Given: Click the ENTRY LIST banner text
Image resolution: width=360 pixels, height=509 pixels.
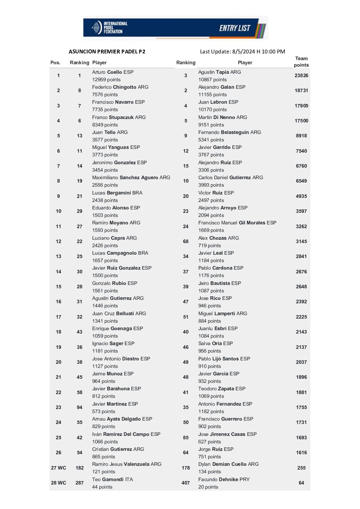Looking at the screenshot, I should tap(234, 28).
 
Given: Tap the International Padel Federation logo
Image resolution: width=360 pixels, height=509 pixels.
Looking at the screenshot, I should tap(108, 28).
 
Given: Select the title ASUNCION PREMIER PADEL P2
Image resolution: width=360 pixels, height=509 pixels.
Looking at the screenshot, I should tap(107, 52).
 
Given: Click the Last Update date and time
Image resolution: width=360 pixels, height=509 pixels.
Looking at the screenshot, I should tap(242, 52).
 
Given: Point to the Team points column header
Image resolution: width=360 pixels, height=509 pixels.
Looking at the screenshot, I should tap(301, 62).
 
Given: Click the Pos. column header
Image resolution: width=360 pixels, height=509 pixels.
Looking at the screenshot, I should tap(55, 63).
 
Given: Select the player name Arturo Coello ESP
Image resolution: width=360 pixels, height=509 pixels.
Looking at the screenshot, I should tap(113, 72).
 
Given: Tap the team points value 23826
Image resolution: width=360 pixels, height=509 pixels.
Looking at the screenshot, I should tap(301, 75).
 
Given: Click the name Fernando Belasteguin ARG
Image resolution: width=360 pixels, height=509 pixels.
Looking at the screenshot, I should tap(230, 132).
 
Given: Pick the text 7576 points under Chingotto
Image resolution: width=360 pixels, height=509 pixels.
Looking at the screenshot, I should tap(105, 95).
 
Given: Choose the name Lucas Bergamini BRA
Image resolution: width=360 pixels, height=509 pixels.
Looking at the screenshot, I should tap(117, 193).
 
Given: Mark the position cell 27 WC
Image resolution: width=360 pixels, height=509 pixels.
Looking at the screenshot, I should tap(59, 468).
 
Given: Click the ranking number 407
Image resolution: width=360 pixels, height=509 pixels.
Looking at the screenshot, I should tap(186, 483).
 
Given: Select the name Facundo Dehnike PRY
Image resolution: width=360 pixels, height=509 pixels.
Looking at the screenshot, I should tap(224, 479).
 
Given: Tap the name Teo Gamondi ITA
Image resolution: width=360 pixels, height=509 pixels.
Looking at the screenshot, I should tap(112, 479).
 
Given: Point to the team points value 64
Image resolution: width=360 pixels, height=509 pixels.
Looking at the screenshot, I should tap(301, 483).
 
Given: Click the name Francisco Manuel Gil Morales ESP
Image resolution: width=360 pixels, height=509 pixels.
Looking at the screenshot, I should tap(237, 223).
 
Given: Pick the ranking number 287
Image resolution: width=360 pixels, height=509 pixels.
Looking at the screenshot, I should tap(80, 483).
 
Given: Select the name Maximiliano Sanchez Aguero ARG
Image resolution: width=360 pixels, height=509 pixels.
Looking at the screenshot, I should tap(131, 177).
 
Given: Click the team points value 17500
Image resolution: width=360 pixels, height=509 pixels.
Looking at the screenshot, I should tap(301, 121).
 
